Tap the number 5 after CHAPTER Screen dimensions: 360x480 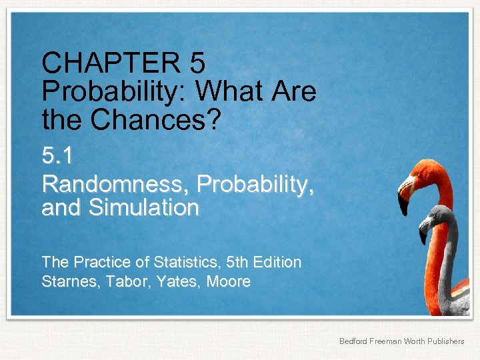click(x=197, y=64)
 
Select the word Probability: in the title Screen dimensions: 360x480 click(x=118, y=91)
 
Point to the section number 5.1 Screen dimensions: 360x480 click(x=57, y=157)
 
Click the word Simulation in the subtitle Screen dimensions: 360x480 click(x=143, y=208)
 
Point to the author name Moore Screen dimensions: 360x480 click(x=229, y=282)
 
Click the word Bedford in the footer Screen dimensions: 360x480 click(x=353, y=341)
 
